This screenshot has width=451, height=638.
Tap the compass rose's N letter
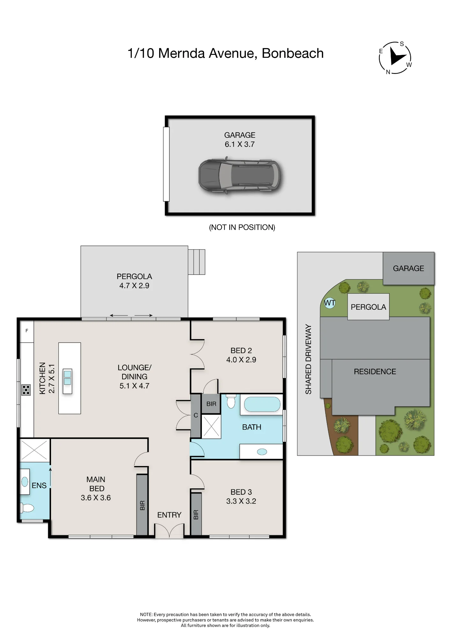[x=388, y=72]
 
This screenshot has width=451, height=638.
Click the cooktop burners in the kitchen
[x=26, y=390]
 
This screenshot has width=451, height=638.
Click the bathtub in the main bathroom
[x=262, y=404]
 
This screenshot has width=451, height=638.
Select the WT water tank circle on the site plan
[x=329, y=303]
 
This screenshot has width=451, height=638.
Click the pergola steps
[x=196, y=262]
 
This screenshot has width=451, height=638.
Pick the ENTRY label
[x=169, y=515]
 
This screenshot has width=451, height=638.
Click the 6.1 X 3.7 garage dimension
[x=240, y=144]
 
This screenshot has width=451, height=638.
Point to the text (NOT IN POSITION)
[x=242, y=227]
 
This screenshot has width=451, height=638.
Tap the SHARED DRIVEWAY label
[x=308, y=359]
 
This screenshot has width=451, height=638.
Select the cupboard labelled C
[x=196, y=416]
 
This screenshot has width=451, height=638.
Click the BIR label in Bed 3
[x=196, y=515]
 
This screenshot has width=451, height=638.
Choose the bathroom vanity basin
[x=262, y=452]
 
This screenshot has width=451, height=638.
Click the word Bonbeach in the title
[x=292, y=53]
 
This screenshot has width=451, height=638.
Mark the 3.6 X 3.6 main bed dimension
[x=96, y=498]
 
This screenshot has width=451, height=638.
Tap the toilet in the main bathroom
[x=231, y=401]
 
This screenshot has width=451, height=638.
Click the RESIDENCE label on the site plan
[x=375, y=372]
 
